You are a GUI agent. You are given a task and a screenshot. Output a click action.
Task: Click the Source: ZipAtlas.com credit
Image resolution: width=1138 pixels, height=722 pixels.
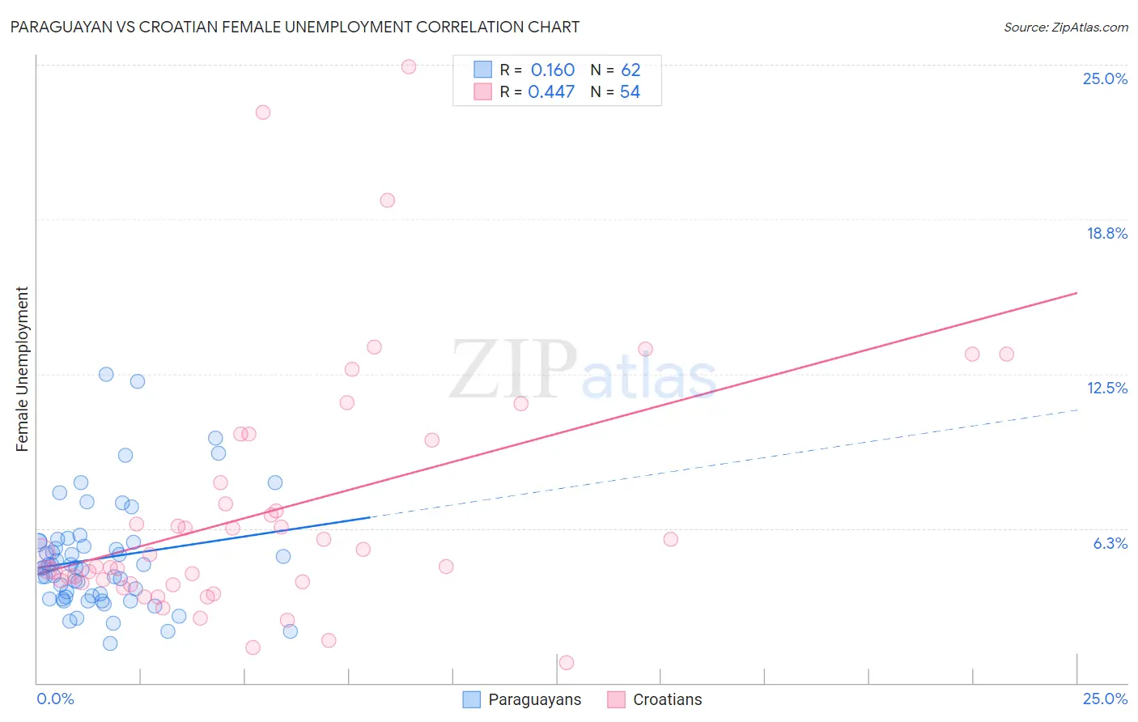pos(1065,27)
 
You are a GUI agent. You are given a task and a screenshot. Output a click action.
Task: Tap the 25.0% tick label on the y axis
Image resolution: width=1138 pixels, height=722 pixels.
pos(1105,79)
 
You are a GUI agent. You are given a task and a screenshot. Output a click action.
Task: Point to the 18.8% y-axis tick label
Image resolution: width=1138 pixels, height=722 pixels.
pos(1106,233)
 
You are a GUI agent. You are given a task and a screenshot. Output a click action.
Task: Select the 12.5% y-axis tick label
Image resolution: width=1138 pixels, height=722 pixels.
pos(1106,388)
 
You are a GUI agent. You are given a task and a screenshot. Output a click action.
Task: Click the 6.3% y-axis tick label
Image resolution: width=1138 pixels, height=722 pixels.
pos(1110,543)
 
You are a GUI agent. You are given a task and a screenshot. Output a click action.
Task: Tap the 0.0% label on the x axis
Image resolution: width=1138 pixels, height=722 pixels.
pos(55,699)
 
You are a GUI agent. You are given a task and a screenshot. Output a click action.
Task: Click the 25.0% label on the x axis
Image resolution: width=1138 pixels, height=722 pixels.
pos(1105,699)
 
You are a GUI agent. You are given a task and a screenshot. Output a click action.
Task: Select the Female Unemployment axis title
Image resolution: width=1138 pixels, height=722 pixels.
pos(22,369)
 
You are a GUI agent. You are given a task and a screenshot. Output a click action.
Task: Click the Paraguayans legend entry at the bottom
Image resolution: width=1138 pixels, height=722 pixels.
pos(534,699)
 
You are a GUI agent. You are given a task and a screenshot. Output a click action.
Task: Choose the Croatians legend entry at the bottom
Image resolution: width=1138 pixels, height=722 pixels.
pos(667,699)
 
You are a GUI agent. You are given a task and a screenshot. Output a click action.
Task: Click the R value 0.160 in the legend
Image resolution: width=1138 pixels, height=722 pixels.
pos(552,70)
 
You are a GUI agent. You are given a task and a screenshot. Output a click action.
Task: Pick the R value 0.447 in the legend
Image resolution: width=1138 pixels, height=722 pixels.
pos(551,92)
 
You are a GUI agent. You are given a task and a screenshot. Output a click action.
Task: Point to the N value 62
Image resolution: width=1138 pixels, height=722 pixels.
pos(631,70)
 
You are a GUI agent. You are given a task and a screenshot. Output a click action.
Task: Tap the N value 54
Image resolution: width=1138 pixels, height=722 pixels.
pos(630,92)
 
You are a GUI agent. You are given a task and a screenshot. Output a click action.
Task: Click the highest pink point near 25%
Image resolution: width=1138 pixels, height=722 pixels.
pos(409,66)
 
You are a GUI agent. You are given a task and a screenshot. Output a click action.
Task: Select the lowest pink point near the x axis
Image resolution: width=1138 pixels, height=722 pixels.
pos(567,662)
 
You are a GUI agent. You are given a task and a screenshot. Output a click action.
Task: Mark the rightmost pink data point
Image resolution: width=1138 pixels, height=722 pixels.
pos(1006,354)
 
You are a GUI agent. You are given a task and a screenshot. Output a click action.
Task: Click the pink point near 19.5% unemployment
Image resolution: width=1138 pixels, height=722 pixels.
pos(388,200)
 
